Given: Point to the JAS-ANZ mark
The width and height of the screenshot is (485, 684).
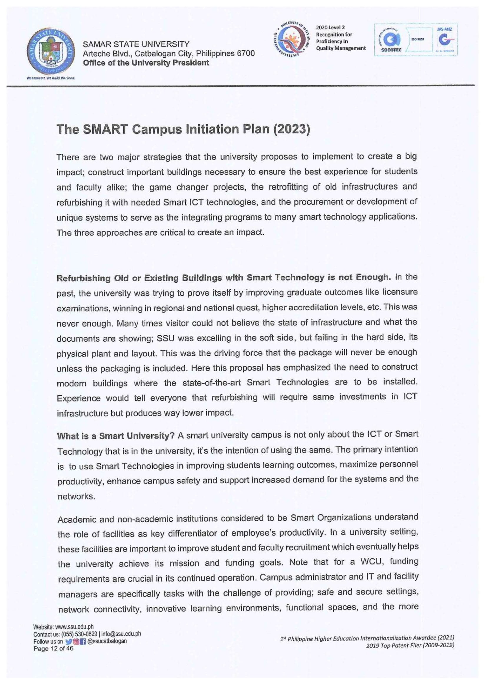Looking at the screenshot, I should pos(445,39).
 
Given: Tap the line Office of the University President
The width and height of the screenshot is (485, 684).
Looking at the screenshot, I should pos(146,63).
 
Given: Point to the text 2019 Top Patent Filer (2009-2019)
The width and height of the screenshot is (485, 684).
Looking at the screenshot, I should pos(410,646).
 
